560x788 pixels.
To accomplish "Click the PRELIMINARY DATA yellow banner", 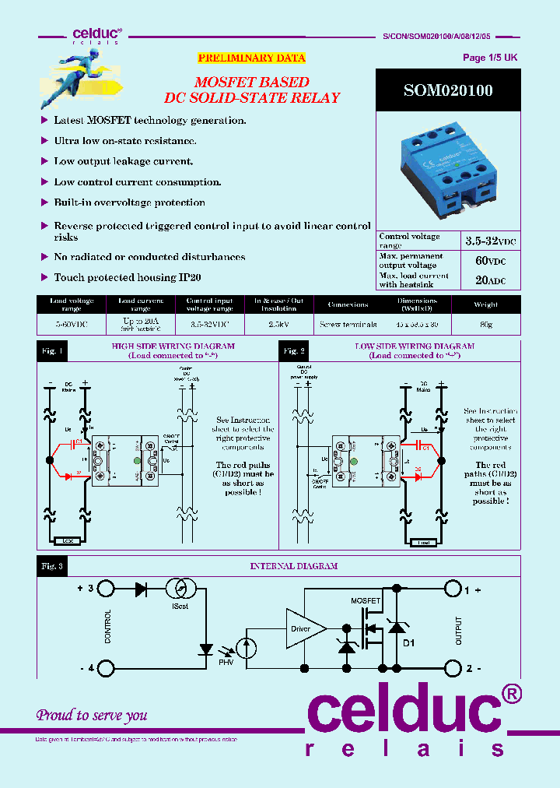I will point(251,58).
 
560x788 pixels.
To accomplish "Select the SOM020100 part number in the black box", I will point(448,90).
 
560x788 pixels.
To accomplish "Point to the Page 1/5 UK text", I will point(489,58).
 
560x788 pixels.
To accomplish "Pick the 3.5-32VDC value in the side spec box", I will point(490,241).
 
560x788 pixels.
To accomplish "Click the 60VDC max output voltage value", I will point(490,261).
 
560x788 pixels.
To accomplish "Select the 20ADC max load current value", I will point(490,280).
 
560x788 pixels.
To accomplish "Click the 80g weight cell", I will point(486,324).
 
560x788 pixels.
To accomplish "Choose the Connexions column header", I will point(348,304).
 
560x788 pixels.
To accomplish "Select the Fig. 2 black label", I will point(293,351).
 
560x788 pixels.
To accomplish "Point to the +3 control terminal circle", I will point(107,589).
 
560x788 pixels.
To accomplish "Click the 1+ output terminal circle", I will point(453,590).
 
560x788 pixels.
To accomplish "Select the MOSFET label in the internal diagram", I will point(365,601).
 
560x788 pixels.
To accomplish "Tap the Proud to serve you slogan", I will point(92,715).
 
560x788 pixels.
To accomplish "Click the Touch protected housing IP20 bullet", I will point(127,277).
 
